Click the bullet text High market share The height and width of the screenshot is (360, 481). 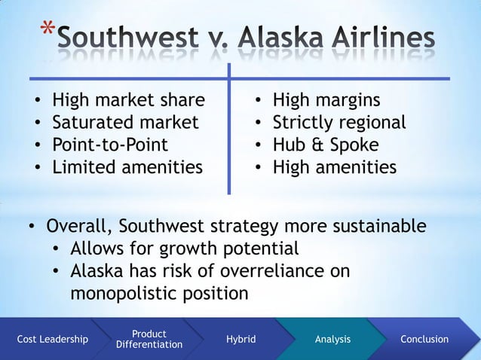click(127, 100)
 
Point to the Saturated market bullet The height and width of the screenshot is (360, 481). click(125, 122)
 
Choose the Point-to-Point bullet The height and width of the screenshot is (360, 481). click(109, 144)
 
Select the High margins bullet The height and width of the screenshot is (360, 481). click(326, 100)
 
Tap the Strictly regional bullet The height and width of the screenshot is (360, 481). click(339, 122)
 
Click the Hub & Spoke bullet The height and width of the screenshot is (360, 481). click(326, 144)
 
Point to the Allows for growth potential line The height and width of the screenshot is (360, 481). click(185, 248)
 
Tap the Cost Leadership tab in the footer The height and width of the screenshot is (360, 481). click(52, 340)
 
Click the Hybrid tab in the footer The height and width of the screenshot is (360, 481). click(240, 340)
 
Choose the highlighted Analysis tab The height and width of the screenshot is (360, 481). click(332, 340)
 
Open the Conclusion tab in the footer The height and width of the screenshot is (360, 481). click(424, 340)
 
